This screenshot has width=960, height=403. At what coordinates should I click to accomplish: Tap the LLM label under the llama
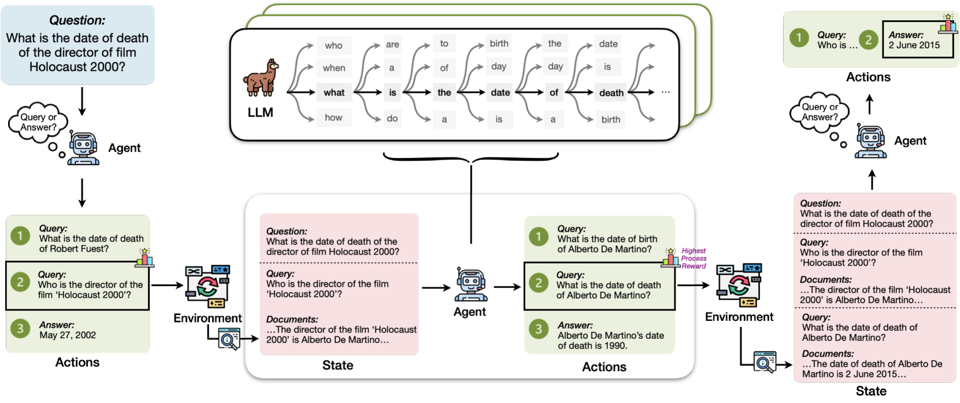[260, 113]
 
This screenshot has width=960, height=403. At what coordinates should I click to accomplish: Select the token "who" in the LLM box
[333, 46]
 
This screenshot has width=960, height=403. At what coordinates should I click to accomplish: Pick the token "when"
[334, 68]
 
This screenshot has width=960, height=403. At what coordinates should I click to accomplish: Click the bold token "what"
[334, 93]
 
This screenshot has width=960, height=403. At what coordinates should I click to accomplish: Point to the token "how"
[333, 118]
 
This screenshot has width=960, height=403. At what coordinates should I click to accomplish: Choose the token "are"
[392, 45]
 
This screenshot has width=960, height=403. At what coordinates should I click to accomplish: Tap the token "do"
[392, 119]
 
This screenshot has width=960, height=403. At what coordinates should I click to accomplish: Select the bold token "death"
[611, 93]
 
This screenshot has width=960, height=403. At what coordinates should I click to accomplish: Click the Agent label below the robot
[469, 312]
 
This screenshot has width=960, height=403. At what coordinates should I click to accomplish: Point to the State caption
[338, 365]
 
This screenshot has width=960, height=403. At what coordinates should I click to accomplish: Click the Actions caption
[604, 367]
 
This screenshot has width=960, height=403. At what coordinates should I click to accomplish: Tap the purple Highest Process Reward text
[694, 258]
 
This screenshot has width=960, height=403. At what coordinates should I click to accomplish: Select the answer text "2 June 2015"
[914, 45]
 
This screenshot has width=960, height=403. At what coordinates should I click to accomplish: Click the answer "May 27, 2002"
[68, 335]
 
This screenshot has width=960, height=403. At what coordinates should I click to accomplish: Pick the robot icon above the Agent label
[470, 284]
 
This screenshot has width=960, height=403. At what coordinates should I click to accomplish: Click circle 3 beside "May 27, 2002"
[20, 329]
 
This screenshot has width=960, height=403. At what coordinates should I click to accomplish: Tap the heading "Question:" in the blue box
[77, 20]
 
